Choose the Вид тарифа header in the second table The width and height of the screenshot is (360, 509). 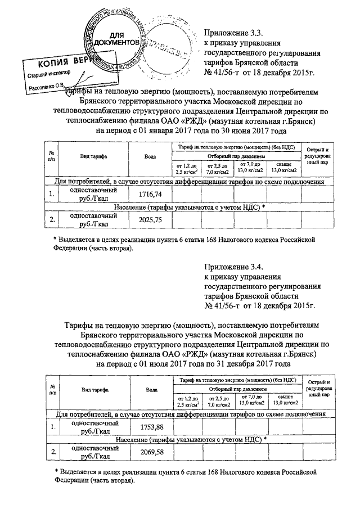94,389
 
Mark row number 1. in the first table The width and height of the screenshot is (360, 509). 52,194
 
